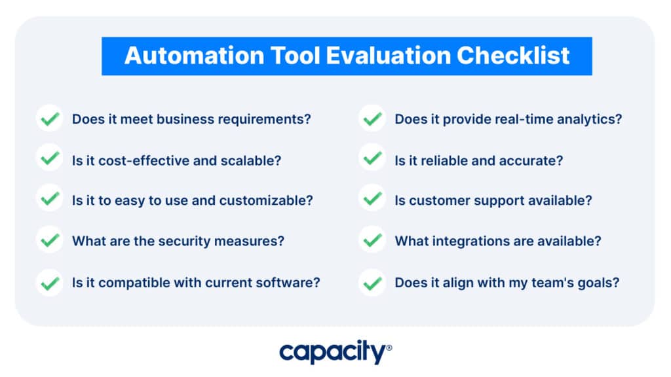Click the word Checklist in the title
[513, 56]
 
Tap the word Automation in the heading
[195, 56]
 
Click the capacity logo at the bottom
[335, 351]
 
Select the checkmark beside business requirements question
[50, 118]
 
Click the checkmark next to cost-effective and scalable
[50, 158]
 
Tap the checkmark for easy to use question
[50, 198]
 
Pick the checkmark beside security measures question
[50, 240]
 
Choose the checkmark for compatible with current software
[50, 283]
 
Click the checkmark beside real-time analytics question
[372, 118]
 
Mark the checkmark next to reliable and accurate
[372, 158]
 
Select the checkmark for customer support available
[372, 198]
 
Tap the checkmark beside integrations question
[372, 240]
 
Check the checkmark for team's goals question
[372, 283]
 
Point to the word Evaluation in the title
[389, 56]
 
